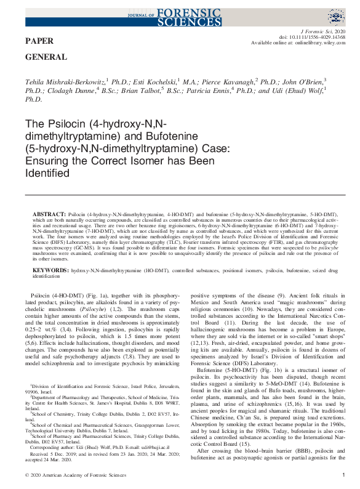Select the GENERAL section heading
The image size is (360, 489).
pyautogui.click(x=46, y=57)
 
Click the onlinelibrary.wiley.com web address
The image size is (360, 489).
pyautogui.click(x=315, y=42)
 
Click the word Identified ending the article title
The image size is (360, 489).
pyautogui.click(x=46, y=174)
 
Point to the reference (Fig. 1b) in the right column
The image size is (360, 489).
pyautogui.click(x=247, y=362)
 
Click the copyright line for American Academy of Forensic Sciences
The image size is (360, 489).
pyautogui.click(x=72, y=475)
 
